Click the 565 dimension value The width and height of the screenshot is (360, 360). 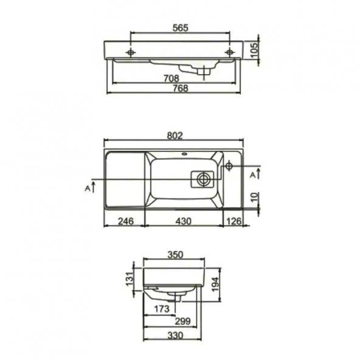180,28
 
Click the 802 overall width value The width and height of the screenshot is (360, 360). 175,135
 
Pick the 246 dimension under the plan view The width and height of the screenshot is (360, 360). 124,221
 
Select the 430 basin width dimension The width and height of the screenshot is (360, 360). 183,221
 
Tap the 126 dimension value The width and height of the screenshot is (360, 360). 234,221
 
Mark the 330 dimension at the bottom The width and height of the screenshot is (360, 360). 174,333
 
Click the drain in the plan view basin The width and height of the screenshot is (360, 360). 202,179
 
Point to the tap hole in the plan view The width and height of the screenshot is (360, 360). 229,167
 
